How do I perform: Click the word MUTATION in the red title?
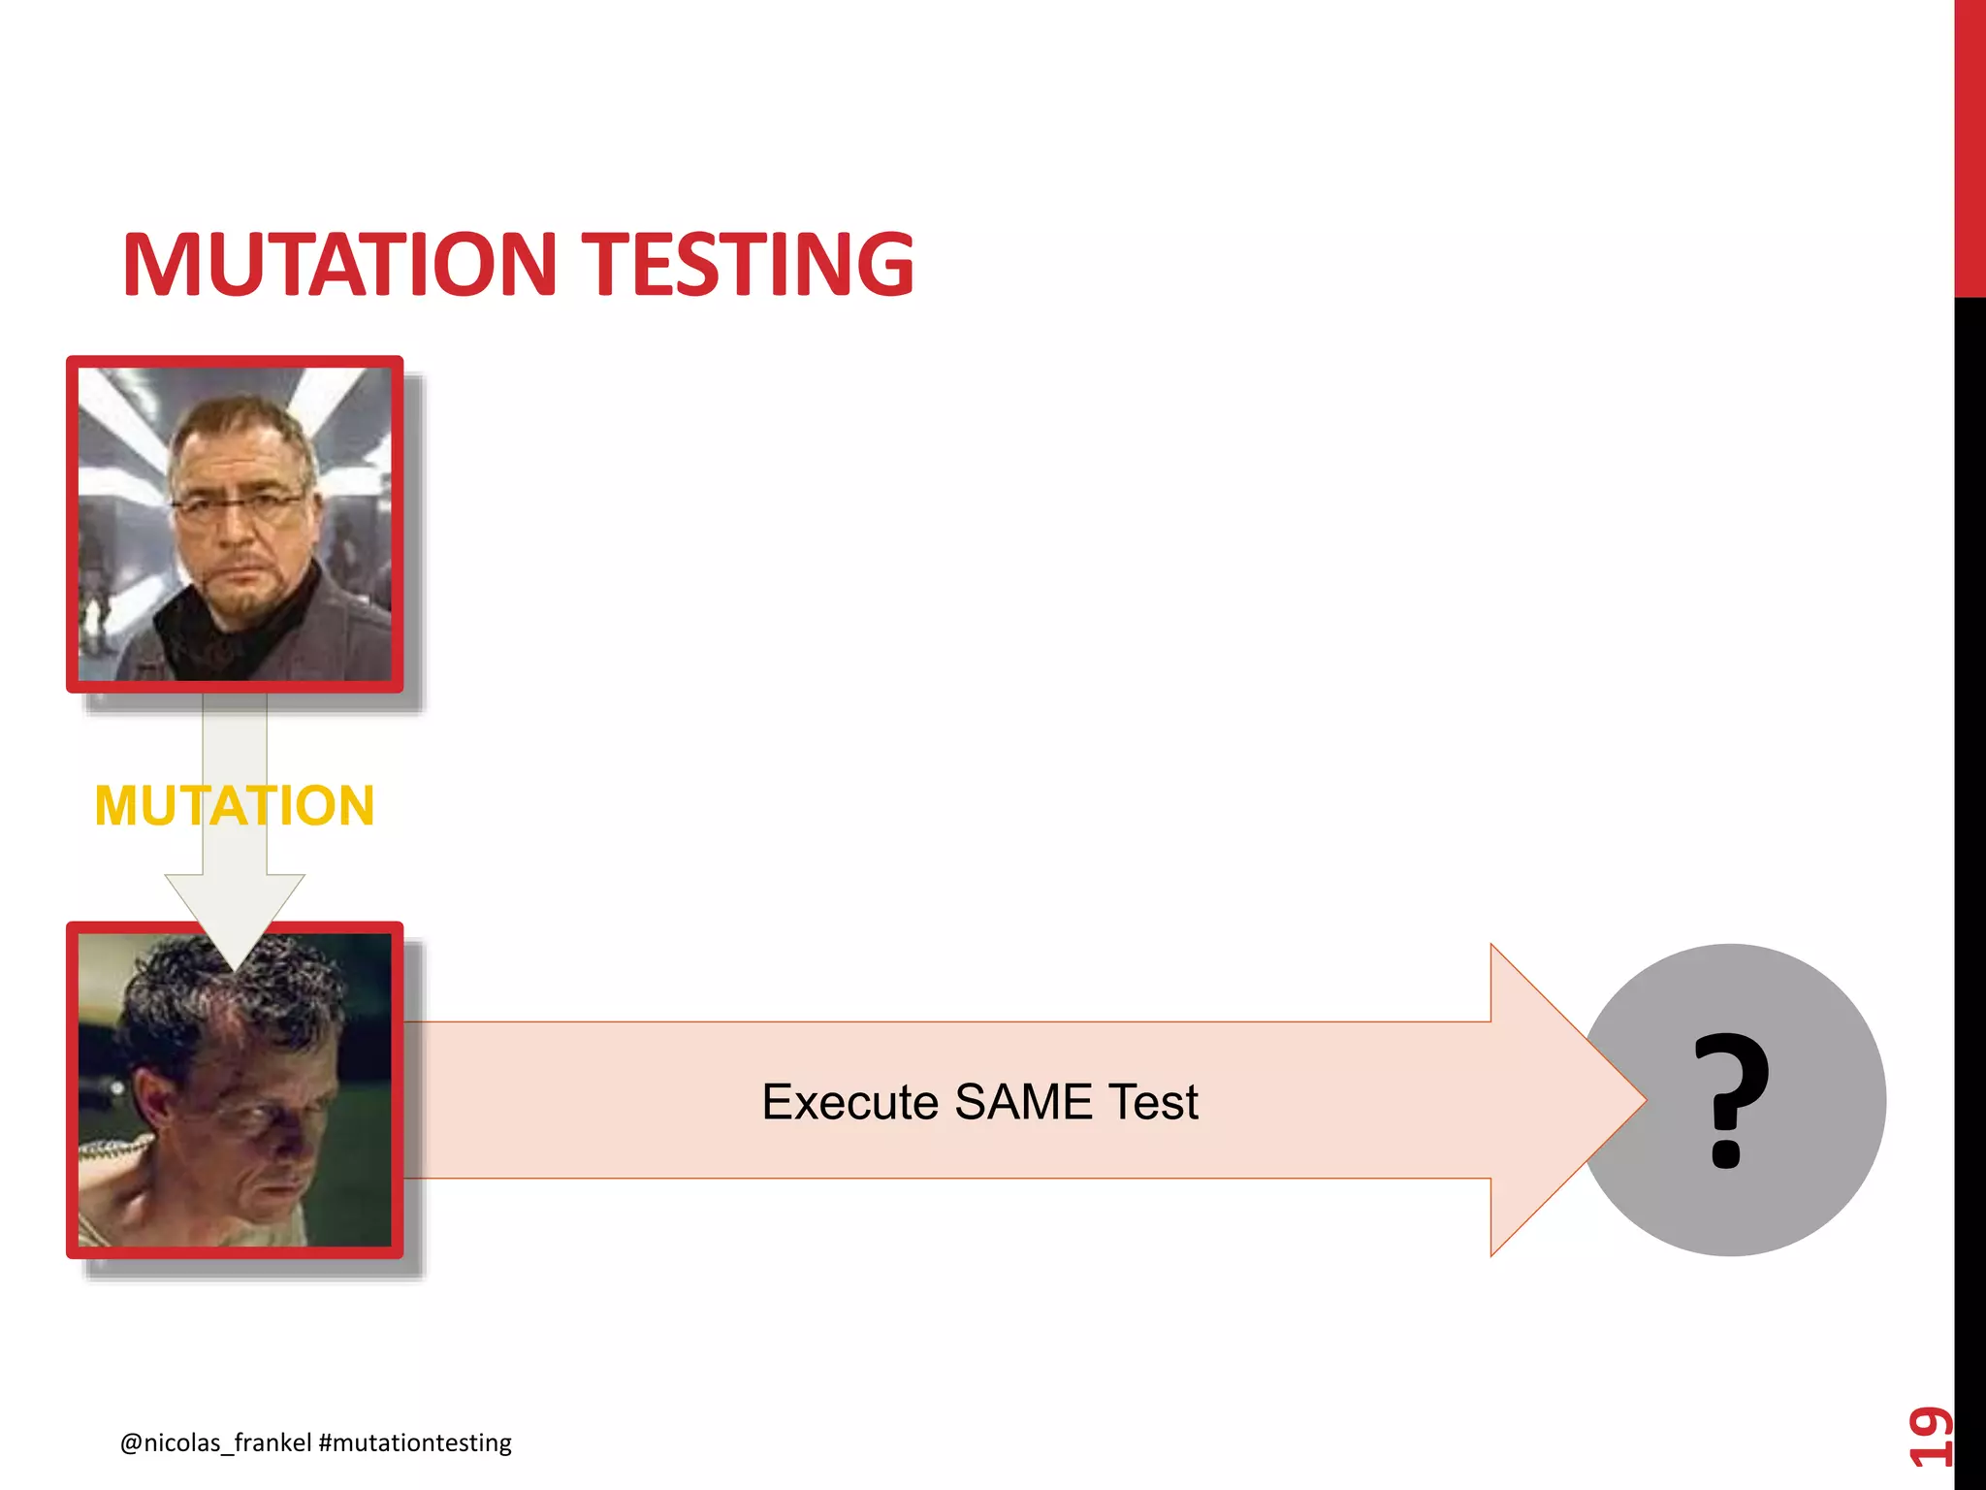(x=339, y=264)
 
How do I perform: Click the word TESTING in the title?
(x=753, y=264)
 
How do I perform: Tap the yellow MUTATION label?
(x=235, y=805)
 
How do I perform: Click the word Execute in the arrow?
(x=849, y=1102)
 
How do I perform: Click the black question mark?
(x=1731, y=1100)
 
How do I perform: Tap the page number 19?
(x=1930, y=1436)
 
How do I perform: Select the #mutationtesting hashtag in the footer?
(x=415, y=1442)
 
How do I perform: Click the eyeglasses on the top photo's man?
(x=238, y=504)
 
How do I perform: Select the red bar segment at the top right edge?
(x=1970, y=146)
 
